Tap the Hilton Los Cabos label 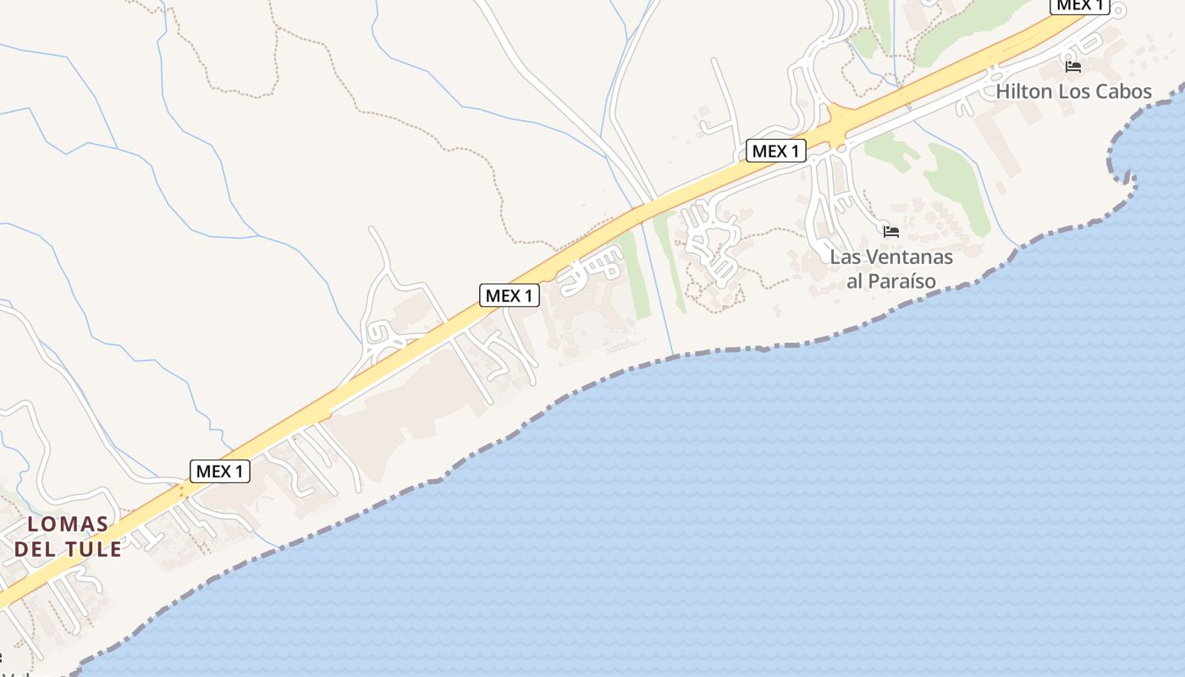point(1073,91)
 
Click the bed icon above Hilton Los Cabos point(1073,66)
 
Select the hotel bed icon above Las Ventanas point(890,231)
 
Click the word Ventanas point(907,257)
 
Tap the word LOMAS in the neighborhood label point(68,524)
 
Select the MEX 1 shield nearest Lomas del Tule point(220,471)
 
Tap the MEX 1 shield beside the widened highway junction point(775,151)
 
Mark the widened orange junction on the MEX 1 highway point(838,127)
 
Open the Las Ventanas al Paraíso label point(891,269)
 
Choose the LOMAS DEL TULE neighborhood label point(68,537)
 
